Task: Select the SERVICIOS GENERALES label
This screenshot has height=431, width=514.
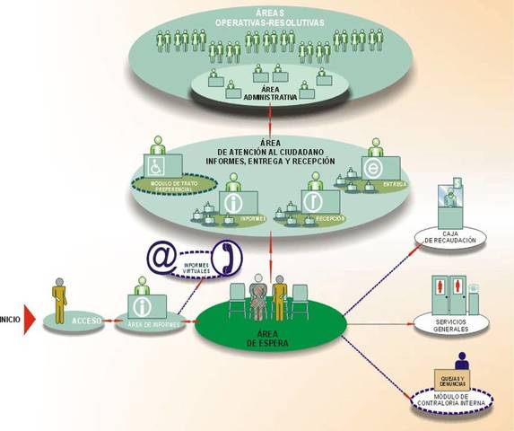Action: tap(451, 326)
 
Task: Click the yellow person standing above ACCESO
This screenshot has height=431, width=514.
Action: tap(60, 296)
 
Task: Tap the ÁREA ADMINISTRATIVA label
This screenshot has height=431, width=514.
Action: tap(257, 96)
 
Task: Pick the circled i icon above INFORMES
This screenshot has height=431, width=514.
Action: tap(235, 205)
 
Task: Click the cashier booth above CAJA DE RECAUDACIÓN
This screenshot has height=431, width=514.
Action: tap(452, 207)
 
